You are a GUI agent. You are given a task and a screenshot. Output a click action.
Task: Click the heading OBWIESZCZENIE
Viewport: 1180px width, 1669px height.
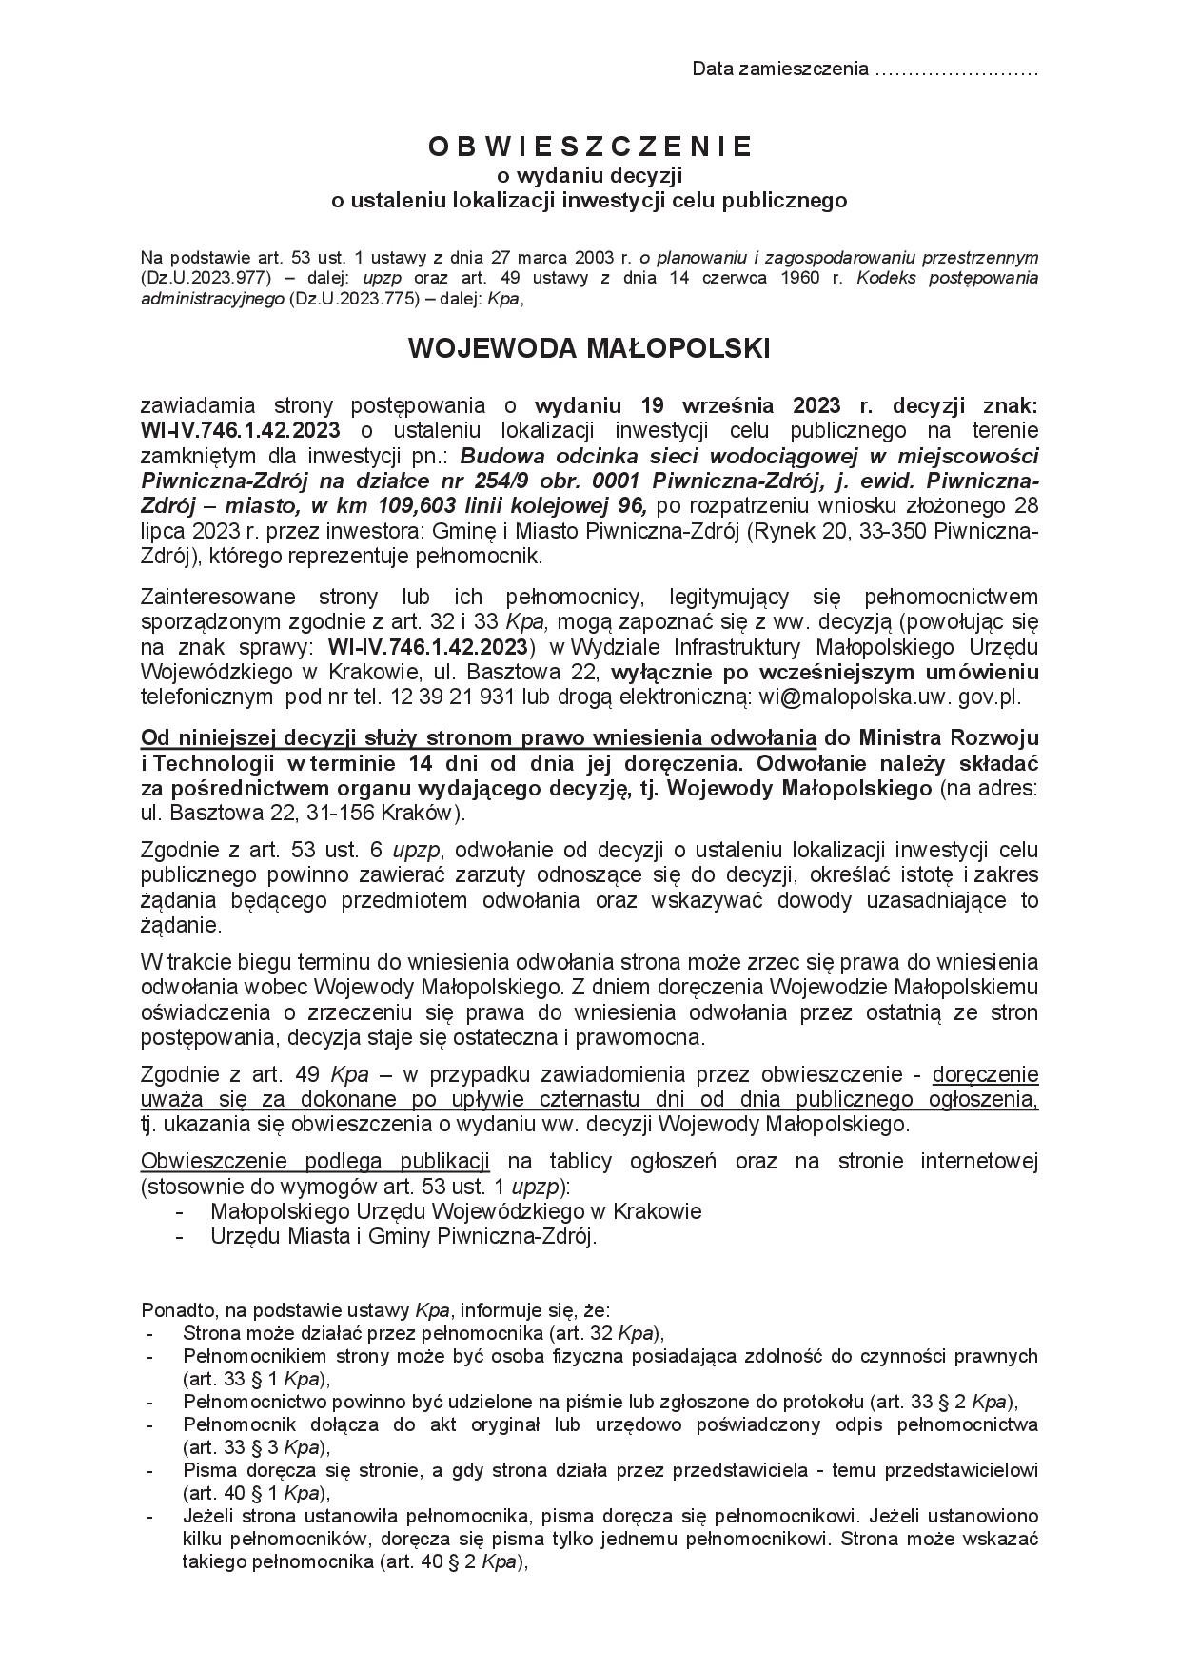click(589, 147)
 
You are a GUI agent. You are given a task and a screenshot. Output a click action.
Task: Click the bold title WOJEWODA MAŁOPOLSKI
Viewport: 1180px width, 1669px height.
click(589, 349)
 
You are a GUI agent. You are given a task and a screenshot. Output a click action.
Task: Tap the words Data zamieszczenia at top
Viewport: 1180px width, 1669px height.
click(780, 69)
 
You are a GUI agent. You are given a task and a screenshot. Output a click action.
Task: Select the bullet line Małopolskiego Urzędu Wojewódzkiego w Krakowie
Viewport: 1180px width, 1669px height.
click(456, 1211)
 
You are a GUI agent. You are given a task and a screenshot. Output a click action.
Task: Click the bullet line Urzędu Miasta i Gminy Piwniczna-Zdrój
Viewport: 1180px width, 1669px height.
click(403, 1236)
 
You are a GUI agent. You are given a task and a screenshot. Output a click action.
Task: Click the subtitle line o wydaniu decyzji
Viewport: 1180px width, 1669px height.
click(589, 175)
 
